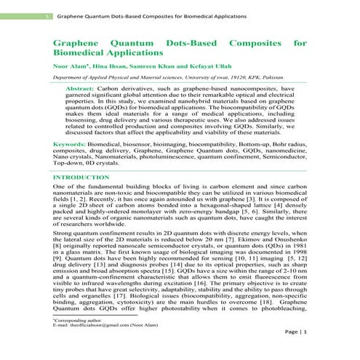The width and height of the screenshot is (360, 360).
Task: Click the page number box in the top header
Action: (47, 16)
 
